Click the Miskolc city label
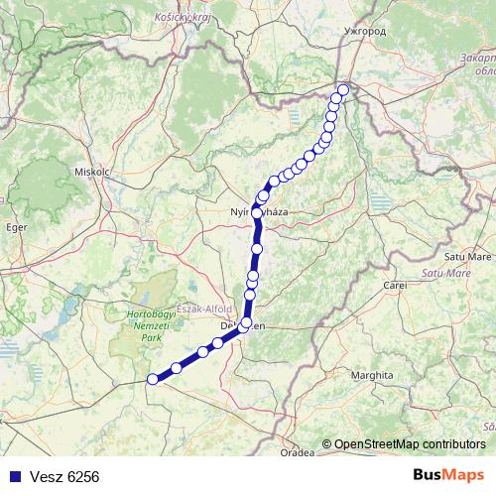click(90, 171)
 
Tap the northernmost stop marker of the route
click(343, 91)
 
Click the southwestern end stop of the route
click(153, 379)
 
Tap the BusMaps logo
click(448, 475)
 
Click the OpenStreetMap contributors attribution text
click(410, 443)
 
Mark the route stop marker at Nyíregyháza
click(257, 212)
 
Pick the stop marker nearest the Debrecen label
click(245, 322)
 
